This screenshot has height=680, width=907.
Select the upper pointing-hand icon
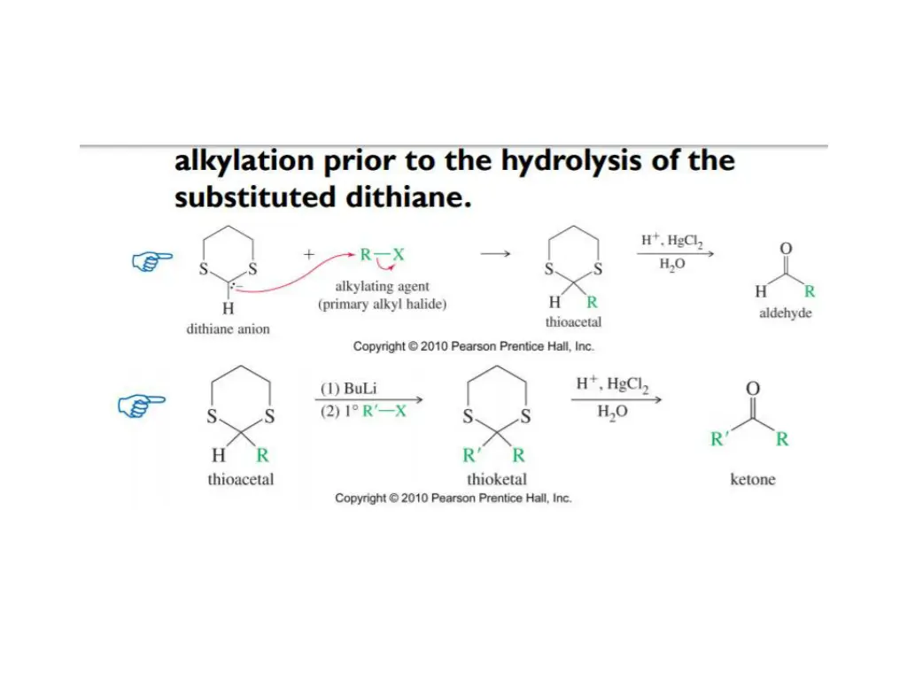pyautogui.click(x=152, y=259)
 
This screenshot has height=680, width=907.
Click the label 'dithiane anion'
pyautogui.click(x=228, y=329)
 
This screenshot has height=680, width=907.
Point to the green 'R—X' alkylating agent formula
pyautogui.click(x=382, y=254)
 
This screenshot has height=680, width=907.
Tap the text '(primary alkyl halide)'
pyautogui.click(x=383, y=305)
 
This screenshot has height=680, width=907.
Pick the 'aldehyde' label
pyautogui.click(x=786, y=313)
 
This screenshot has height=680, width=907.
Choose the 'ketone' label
pyautogui.click(x=753, y=480)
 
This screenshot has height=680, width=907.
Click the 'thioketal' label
pyautogui.click(x=497, y=480)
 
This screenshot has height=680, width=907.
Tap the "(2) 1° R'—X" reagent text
pyautogui.click(x=363, y=412)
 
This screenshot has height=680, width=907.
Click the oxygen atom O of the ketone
pyautogui.click(x=753, y=390)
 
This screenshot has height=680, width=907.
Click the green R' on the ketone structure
pyautogui.click(x=720, y=439)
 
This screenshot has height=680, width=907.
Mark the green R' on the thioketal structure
pyautogui.click(x=471, y=456)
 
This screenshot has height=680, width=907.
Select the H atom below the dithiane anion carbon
pyautogui.click(x=228, y=309)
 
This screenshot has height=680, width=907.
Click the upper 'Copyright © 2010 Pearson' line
pyautogui.click(x=473, y=346)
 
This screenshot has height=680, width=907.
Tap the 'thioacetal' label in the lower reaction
pyautogui.click(x=241, y=480)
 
